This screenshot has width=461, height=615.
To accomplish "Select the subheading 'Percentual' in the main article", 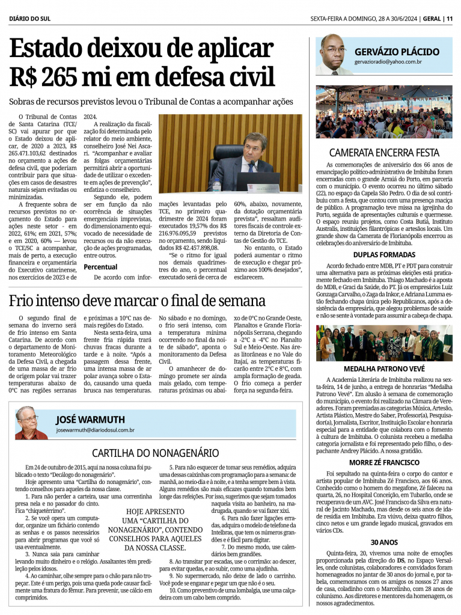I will pos(100,266).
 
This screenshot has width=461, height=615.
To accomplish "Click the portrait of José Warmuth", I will pos(31,423).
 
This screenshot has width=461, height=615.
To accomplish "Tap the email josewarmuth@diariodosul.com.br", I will pos(95,430).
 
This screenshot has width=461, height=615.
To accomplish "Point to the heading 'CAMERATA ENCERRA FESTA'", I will pos(384,153).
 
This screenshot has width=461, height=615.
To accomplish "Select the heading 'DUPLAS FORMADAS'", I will pos(384,254).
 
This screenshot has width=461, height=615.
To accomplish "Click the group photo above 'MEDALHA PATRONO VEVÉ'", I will pos(384,343).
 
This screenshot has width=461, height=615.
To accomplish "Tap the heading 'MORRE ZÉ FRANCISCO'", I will pos(384,462).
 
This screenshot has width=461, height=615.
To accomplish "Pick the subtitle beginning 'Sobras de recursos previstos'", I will pos(151,102).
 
